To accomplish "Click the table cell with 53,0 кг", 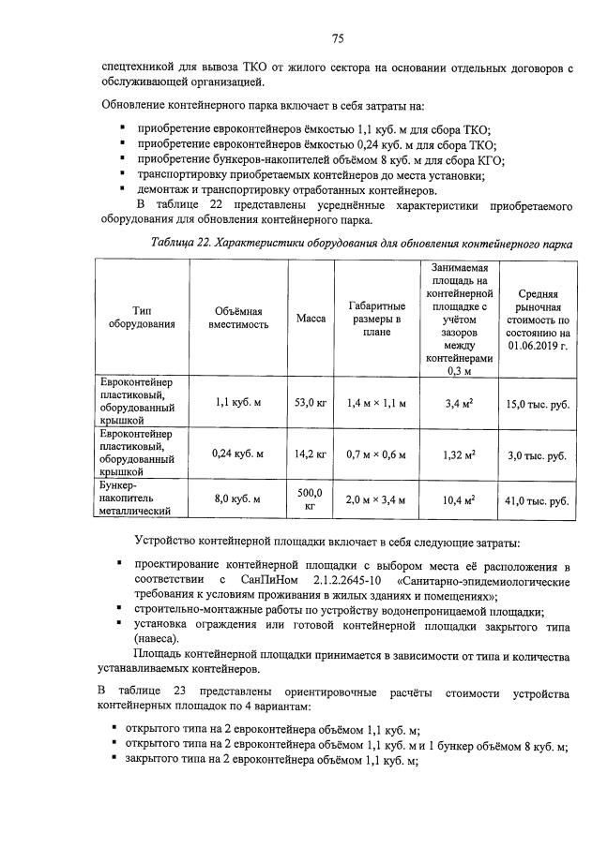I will pyautogui.click(x=311, y=403).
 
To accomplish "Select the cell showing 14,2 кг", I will pyautogui.click(x=311, y=454).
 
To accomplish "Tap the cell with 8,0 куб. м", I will pyautogui.click(x=238, y=500).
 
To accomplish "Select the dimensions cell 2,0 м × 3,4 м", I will pyautogui.click(x=376, y=500).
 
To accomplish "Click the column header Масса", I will pyautogui.click(x=311, y=319).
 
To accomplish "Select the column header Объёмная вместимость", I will pyautogui.click(x=238, y=319).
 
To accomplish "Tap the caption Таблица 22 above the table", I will pyautogui.click(x=181, y=243).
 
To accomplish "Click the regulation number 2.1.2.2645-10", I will pyautogui.click(x=352, y=582).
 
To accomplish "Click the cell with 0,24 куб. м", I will pyautogui.click(x=238, y=454).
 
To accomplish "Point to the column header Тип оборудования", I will pyautogui.click(x=142, y=319).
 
